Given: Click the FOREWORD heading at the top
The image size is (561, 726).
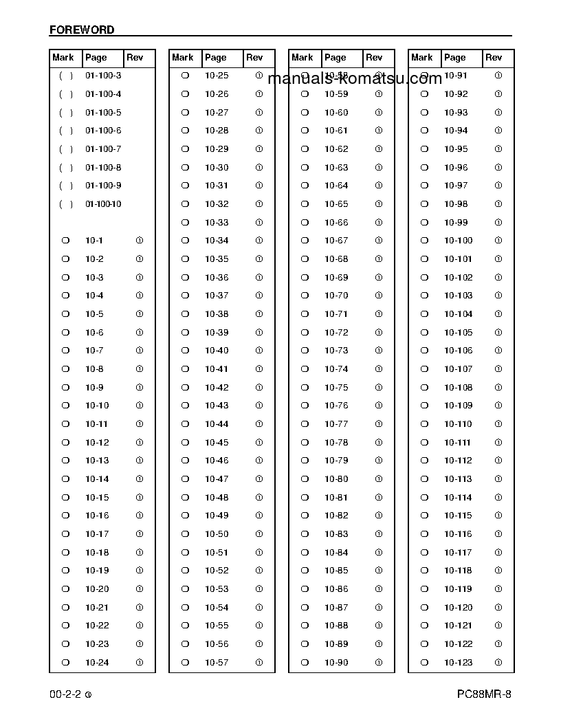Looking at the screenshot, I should tap(82, 30).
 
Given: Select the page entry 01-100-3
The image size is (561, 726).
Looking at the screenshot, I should tap(103, 76).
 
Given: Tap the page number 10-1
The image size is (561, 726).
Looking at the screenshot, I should tap(94, 241).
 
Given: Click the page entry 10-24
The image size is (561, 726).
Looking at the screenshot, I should tap(97, 663).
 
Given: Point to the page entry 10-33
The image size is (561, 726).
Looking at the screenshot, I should tap(217, 223).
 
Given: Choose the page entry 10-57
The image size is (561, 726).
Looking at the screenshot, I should tap(217, 663).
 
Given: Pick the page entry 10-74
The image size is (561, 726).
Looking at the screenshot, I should tap(336, 369).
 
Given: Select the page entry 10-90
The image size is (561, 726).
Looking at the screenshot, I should tap(336, 663).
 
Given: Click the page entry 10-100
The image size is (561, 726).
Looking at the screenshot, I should tap(458, 241).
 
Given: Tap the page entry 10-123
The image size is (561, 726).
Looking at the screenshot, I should tap(458, 663).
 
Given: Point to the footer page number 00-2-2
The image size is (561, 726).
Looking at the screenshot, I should tap(65, 694).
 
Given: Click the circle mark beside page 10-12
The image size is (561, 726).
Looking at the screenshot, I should tap(66, 443).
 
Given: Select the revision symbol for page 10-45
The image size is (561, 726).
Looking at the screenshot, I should tap(259, 443).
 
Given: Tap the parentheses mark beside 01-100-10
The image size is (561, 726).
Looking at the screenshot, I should tap(66, 204).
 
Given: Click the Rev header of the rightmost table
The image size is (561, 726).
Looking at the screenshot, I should tap(494, 58).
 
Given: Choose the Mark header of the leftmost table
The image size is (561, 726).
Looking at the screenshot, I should tap(63, 58).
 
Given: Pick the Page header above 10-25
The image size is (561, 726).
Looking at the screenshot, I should tap(215, 58).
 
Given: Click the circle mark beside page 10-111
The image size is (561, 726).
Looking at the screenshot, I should tap(424, 443).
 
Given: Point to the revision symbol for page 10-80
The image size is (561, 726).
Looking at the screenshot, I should tap(379, 479).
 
